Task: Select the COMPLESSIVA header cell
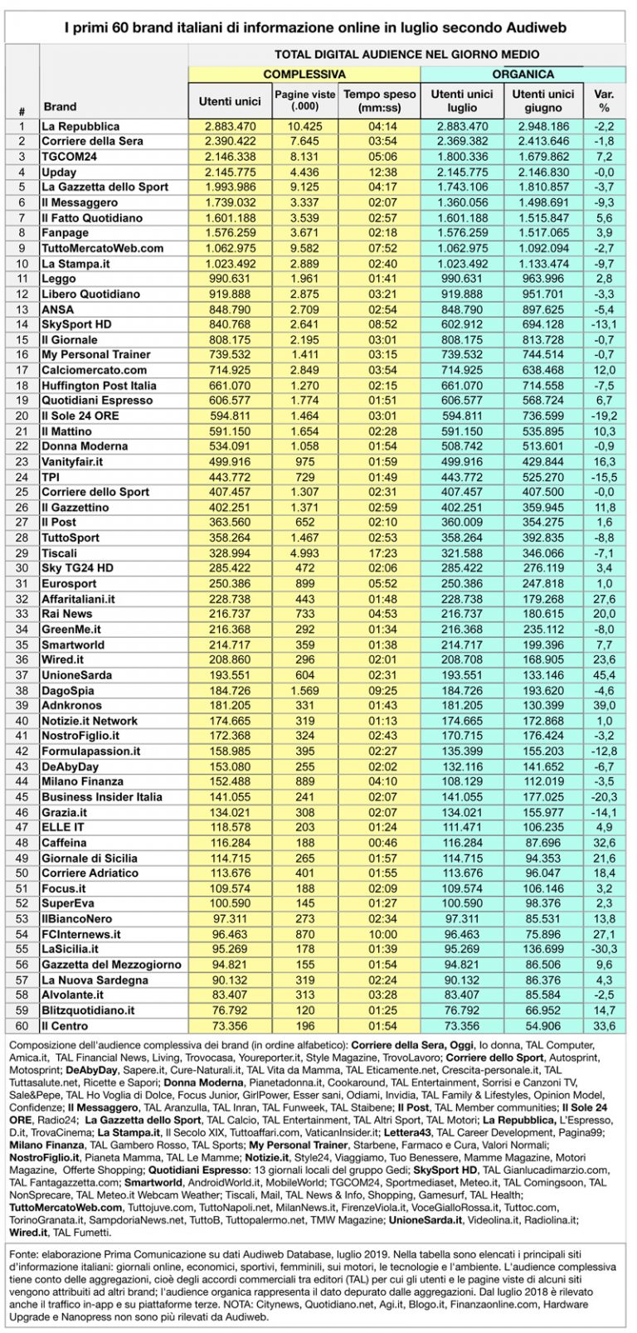pos(304,75)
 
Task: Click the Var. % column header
pos(604,100)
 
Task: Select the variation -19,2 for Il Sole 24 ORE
pos(604,416)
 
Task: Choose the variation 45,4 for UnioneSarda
pos(604,674)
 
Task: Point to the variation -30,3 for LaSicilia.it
pos(604,949)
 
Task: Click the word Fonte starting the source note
pos(22,1252)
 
